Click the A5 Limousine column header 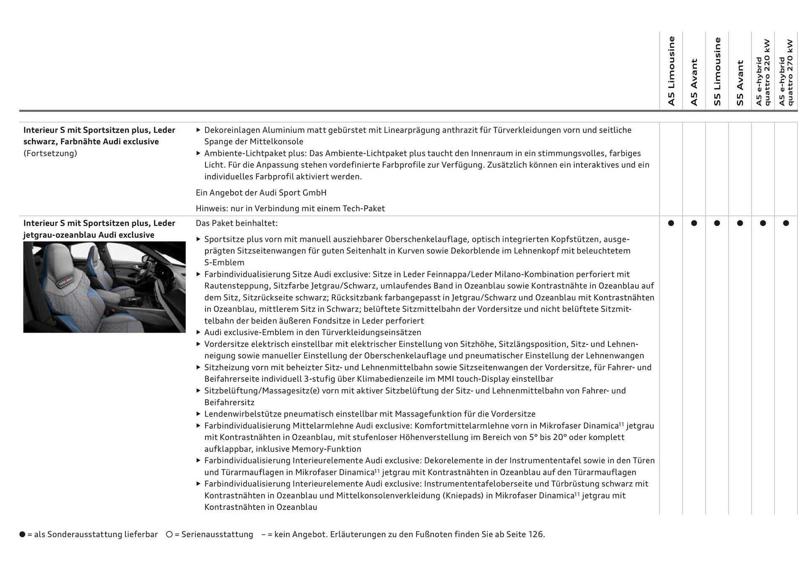click(671, 71)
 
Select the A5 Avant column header click(694, 82)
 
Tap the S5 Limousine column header click(717, 72)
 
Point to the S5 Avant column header click(740, 83)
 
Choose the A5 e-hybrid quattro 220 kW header click(763, 72)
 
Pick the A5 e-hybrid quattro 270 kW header click(786, 72)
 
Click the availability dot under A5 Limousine click(671, 223)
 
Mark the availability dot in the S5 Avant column click(740, 223)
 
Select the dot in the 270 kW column click(786, 223)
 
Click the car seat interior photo click(104, 287)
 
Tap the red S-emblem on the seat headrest click(66, 282)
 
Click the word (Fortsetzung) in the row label click(50, 153)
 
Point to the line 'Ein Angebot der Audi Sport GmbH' click(261, 193)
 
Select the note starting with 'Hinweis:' click(290, 209)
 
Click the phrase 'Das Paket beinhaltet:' click(236, 223)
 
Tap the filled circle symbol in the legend click(22, 535)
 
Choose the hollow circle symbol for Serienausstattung click(169, 535)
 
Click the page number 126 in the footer click(535, 535)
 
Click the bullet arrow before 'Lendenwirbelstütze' click(199, 414)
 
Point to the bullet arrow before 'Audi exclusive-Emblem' click(199, 332)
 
